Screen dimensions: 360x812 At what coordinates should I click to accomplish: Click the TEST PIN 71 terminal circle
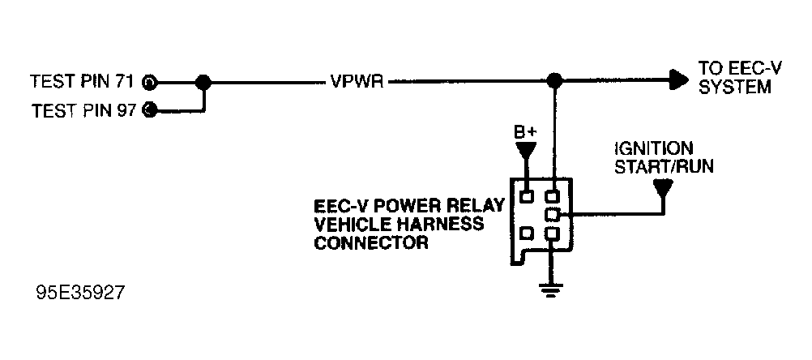[150, 82]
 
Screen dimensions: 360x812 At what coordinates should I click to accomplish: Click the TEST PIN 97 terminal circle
[150, 109]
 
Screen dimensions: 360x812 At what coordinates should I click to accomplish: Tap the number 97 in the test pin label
[126, 109]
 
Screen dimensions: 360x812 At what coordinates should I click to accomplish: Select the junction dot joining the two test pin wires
[203, 82]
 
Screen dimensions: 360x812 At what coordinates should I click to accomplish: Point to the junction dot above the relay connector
[554, 81]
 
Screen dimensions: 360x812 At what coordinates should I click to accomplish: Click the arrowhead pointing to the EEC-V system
[679, 81]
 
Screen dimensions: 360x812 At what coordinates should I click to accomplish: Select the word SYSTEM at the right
[735, 88]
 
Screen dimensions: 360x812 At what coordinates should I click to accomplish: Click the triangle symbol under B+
[527, 150]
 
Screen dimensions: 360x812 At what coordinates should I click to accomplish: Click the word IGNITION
[653, 148]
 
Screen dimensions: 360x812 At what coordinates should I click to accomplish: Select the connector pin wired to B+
[527, 196]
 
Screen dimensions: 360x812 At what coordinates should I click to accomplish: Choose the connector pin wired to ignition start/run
[554, 214]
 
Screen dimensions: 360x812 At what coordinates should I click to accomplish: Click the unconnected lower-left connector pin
[527, 234]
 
